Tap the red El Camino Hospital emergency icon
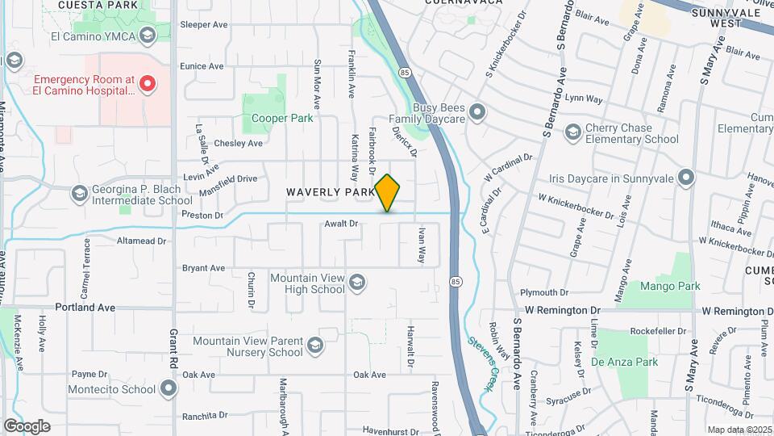click(147, 84)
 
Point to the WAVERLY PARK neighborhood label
click(329, 192)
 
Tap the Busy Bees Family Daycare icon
click(477, 112)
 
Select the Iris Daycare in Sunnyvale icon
click(686, 177)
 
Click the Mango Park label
click(670, 286)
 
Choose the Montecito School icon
click(169, 389)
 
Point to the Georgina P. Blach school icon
click(79, 194)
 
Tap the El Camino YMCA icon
click(148, 36)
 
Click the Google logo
click(27, 426)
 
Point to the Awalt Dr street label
click(340, 224)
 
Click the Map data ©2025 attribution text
click(739, 430)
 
